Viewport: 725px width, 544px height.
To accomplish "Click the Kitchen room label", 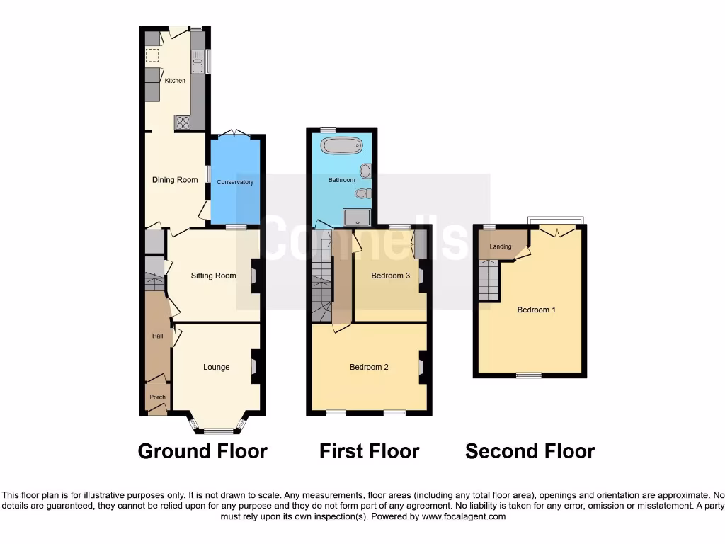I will pos(175,81).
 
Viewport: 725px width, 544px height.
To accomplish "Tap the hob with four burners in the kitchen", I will pos(183,123).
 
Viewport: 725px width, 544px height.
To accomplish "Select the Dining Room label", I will pos(175,180).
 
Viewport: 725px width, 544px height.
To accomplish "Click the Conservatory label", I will pos(235,182).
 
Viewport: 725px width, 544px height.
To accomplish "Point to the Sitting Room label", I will pos(213,276).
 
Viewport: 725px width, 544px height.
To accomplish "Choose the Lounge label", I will pos(216,367).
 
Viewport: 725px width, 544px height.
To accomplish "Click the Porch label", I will pos(157,397).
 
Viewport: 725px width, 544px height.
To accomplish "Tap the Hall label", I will pos(157,336).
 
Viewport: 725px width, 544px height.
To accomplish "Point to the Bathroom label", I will pos(341,180).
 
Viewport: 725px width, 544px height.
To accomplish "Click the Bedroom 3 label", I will pos(390,276).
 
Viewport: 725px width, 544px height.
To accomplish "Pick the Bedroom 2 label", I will pos(369,367).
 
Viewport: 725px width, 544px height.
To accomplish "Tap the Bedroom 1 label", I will pos(536,310).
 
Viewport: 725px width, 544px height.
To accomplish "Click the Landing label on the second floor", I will pos(500,246).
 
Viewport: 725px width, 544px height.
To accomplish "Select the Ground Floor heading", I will pos(202,451).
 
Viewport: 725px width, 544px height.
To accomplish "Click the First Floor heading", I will pos(369,451).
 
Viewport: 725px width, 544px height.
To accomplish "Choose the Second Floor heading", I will pos(530,451).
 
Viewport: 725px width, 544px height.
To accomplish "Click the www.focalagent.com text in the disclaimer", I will pos(464,516).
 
